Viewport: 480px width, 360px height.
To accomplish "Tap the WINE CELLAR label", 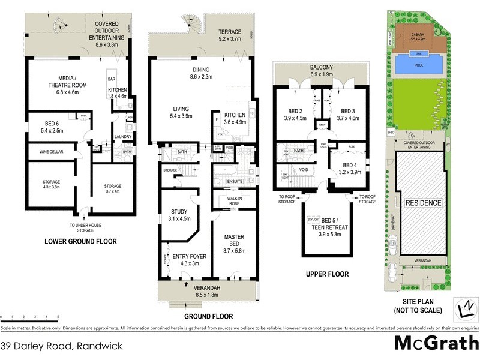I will (x=52, y=152).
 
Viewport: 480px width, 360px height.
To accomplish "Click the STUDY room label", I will (x=180, y=214).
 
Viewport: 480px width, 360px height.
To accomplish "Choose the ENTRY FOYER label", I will (x=189, y=259).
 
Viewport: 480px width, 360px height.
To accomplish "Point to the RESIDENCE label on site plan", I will (x=423, y=203).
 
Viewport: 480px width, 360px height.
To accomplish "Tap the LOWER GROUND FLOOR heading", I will (x=80, y=242).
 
